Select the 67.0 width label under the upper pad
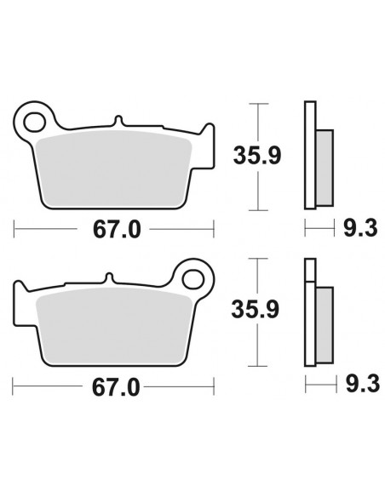tap(113, 230)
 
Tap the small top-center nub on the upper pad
tap(117, 123)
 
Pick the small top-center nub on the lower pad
tap(109, 279)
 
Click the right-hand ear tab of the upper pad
tap(204, 136)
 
